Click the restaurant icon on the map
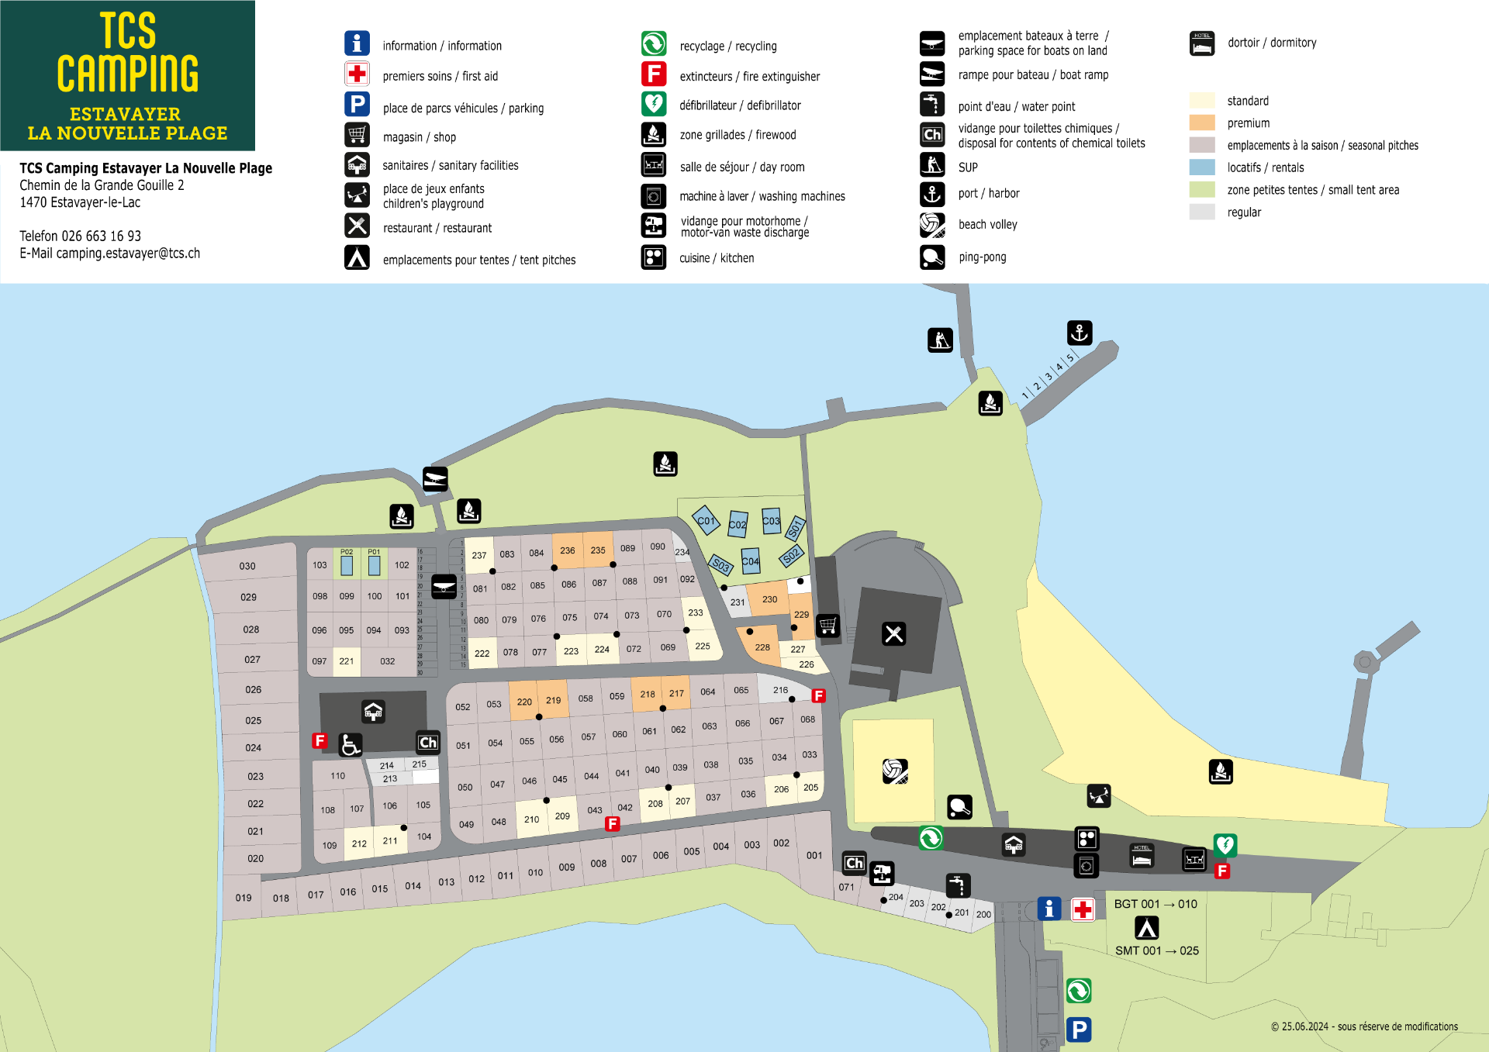893,634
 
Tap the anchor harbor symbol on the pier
1079,333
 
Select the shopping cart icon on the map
827,625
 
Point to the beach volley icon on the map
895,771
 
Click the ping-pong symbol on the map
959,807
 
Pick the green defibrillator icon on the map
1225,844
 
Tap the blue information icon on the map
1049,909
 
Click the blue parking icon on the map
1078,1029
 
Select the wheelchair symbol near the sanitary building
350,744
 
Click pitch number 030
247,566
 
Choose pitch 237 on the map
479,555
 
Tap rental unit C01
706,521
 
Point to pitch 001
814,855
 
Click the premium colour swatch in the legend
1201,123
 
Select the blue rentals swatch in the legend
1201,167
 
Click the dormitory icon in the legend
1201,43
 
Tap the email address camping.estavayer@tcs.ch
128,254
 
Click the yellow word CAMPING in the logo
127,74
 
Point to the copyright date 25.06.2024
1304,1026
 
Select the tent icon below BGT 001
1146,927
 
